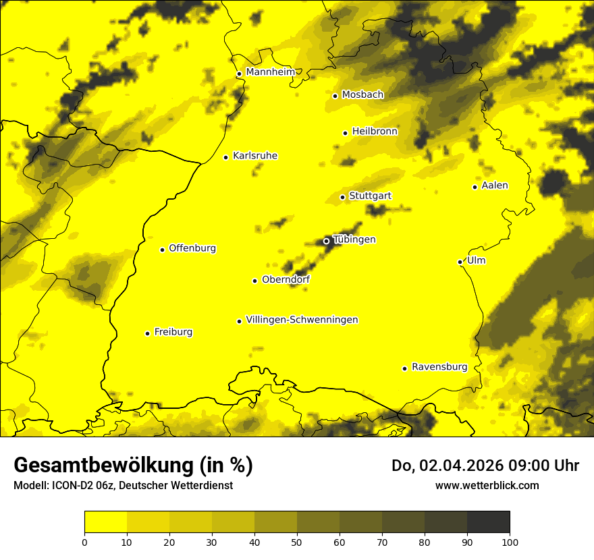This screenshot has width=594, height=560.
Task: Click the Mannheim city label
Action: click(271, 72)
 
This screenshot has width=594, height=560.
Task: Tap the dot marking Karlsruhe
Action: click(226, 157)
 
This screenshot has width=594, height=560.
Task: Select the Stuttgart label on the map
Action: click(370, 196)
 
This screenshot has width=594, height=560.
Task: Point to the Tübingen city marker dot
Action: click(327, 241)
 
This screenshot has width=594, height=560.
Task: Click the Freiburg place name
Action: click(173, 332)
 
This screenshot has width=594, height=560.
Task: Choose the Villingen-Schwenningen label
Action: click(302, 320)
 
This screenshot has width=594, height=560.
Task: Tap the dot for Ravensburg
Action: click(405, 368)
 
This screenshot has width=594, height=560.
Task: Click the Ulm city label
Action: click(476, 260)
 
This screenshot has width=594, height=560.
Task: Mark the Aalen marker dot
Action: click(475, 187)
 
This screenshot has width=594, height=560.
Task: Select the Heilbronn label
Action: click(375, 132)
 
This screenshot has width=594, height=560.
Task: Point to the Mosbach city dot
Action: click(335, 96)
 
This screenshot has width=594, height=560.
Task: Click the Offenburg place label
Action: click(192, 248)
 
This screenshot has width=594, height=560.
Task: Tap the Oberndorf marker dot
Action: click(255, 281)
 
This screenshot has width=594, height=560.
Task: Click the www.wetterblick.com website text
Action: click(487, 485)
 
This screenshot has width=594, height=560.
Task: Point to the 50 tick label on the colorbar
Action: click(297, 542)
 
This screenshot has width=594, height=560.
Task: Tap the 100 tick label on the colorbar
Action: click(510, 542)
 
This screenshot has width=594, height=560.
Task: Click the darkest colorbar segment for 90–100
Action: click(488, 522)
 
